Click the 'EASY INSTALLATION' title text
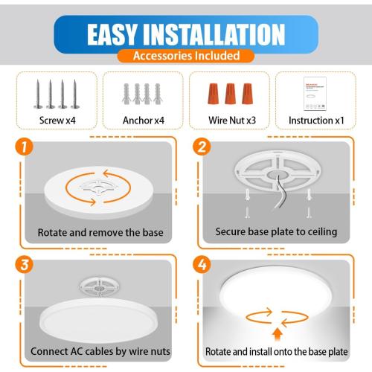coord(186,34)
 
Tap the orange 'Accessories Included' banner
coord(186,56)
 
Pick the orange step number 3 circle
coord(25,266)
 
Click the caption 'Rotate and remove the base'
coord(100,232)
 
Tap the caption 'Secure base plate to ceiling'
coord(276,232)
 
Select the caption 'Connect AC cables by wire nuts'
coord(100,350)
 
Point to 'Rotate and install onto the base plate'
coord(276,350)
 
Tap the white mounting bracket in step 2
coord(276,176)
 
